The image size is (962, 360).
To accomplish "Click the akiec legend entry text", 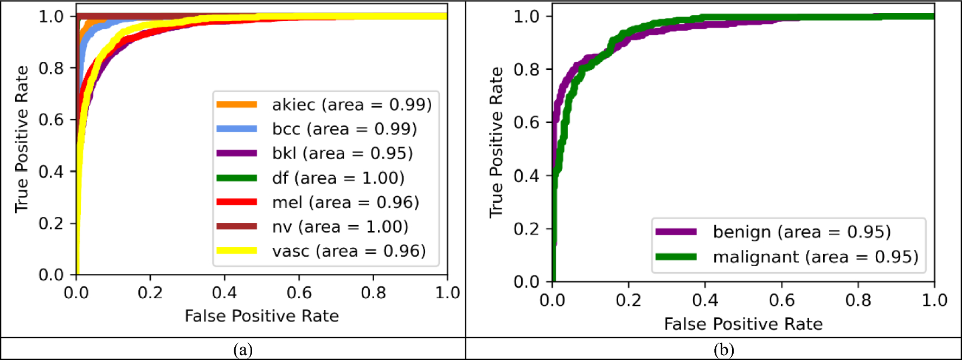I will coord(351,105).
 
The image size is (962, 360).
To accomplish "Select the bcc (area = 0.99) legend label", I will coord(344,129).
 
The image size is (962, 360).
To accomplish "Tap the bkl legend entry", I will coord(342,153).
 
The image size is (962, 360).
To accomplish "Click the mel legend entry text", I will coord(345,202).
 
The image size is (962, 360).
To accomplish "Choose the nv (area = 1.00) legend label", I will coord(340,227).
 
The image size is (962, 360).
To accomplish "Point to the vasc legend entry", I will coord(349,251).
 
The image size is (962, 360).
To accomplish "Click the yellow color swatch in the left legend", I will coord(236,250).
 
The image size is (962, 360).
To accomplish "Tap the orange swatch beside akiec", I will coord(236,104).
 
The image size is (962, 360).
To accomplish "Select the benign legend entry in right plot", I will coord(801,232).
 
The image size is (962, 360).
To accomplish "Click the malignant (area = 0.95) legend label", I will coord(815,257).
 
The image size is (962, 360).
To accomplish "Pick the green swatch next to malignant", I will coord(676,256).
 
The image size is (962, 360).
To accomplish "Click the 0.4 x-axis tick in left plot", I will coord(225,293).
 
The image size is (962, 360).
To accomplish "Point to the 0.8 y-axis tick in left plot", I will coord(51,68).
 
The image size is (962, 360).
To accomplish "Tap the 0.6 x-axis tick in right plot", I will coord(781,300).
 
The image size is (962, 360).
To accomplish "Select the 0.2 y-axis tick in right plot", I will coord(526,229).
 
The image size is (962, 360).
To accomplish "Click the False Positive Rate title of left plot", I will coord(261,316).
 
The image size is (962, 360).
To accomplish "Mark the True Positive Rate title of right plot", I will coord(496,142).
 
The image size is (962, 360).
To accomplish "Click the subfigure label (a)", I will coord(242,350).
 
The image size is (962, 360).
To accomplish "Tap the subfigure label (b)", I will coord(723,350).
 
